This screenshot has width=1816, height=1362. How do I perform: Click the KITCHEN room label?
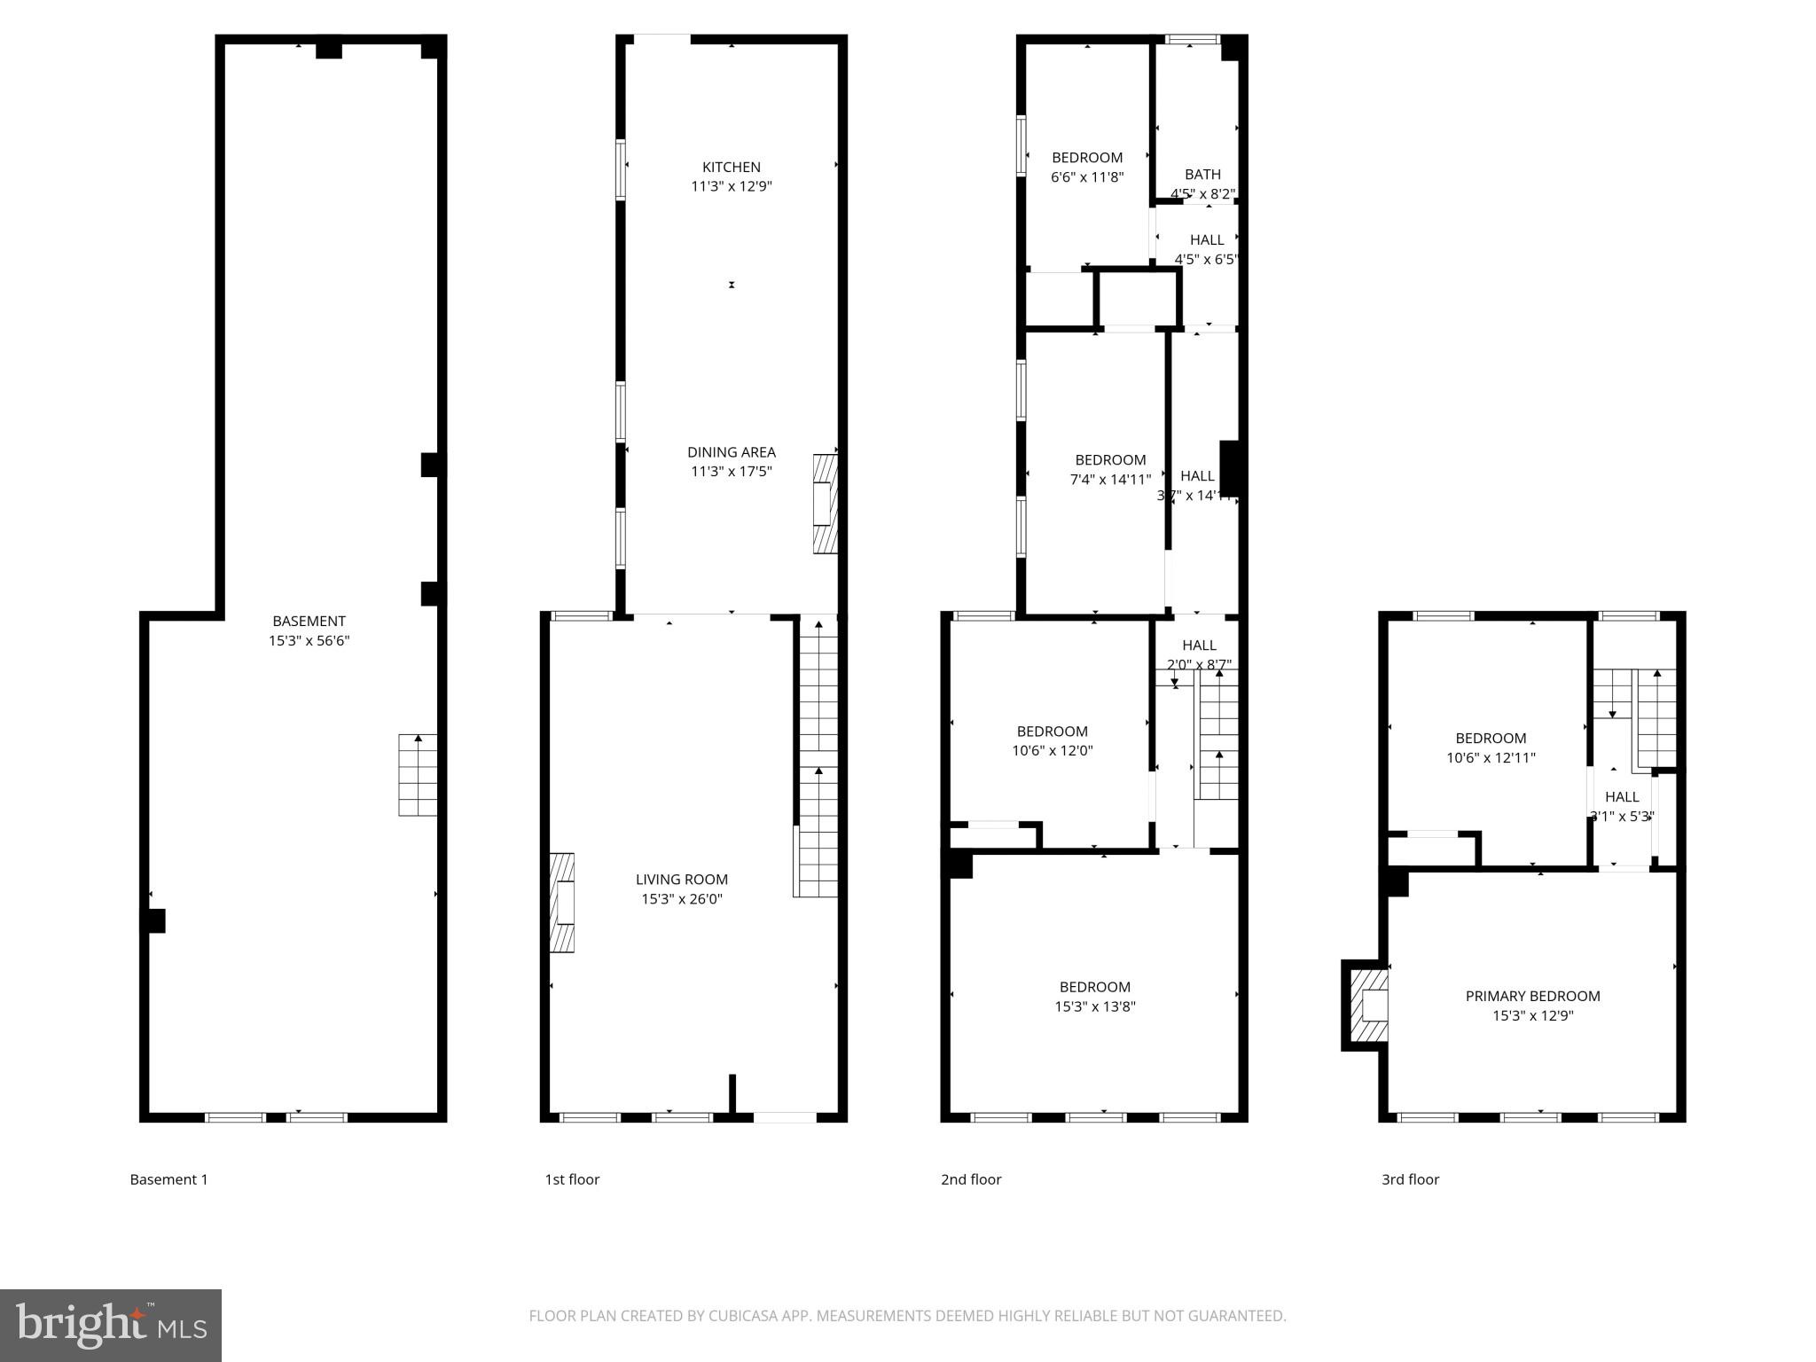click(x=731, y=167)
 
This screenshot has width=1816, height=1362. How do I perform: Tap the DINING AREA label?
click(x=731, y=452)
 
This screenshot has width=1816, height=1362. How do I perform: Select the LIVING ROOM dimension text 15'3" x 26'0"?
click(x=681, y=899)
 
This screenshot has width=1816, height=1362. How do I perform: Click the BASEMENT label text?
click(x=309, y=621)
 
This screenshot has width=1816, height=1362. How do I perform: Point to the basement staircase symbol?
click(x=418, y=775)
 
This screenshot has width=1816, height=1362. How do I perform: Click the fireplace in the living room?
click(x=562, y=903)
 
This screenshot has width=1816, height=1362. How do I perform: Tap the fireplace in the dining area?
click(x=825, y=504)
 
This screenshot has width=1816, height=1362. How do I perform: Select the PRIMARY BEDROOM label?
click(x=1532, y=996)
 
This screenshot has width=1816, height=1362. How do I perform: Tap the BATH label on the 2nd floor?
click(x=1202, y=175)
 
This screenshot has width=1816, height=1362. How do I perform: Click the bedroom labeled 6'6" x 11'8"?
click(x=1087, y=167)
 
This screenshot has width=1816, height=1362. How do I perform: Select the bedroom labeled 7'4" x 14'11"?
click(x=1110, y=470)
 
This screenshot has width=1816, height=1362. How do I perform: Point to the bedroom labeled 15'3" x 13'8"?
click(x=1094, y=997)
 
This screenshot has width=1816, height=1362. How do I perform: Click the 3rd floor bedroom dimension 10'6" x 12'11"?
click(x=1490, y=757)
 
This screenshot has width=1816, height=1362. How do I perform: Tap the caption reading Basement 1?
click(x=168, y=1179)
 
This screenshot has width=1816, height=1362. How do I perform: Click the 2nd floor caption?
click(x=971, y=1179)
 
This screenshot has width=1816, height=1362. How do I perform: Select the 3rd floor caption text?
click(x=1410, y=1179)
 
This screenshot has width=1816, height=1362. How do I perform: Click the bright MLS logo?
click(x=110, y=1325)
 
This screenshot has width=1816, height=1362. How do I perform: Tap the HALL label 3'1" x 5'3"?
click(x=1621, y=806)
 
